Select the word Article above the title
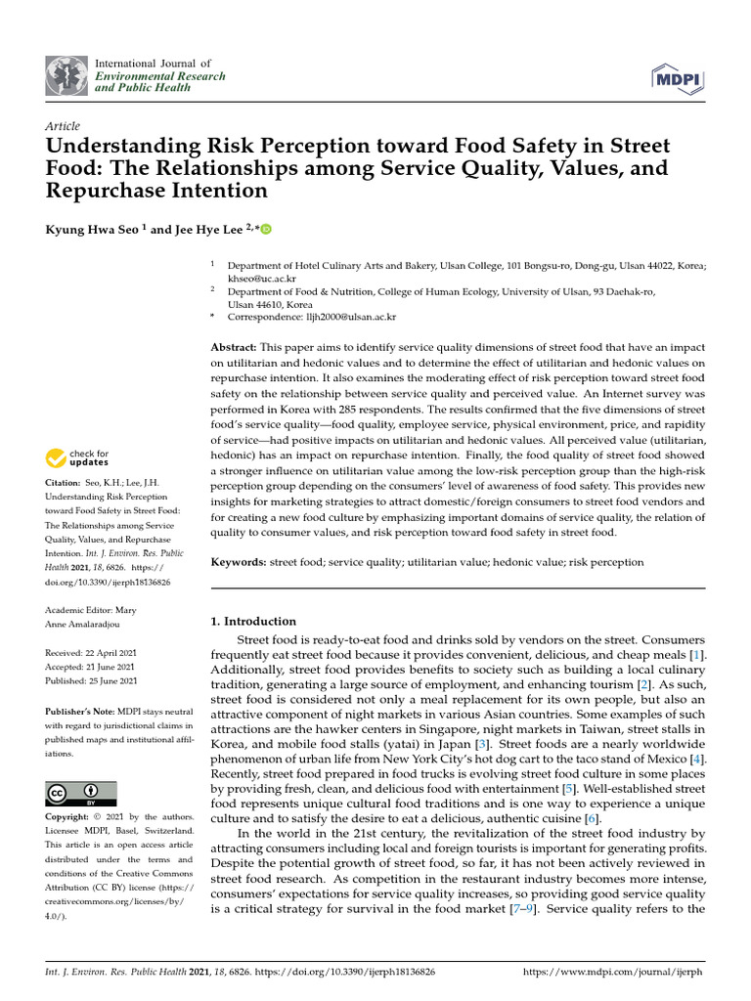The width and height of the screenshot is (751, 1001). click(63, 126)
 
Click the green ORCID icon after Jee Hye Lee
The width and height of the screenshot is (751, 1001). click(265, 231)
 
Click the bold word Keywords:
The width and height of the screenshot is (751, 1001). click(240, 562)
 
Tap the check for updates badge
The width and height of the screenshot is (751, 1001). click(78, 457)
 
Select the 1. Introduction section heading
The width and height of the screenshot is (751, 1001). click(253, 621)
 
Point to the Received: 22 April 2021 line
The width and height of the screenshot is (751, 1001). click(92, 652)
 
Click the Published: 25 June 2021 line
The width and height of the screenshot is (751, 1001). click(92, 680)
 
